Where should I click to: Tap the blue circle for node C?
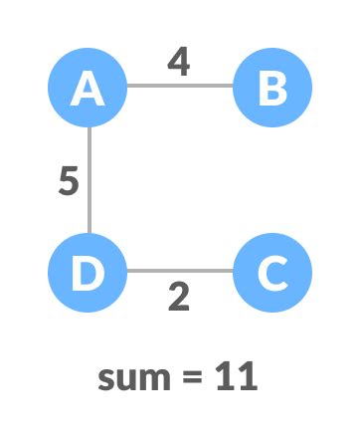[271, 271]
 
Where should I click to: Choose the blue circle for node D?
[89, 271]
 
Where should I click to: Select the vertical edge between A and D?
[89, 180]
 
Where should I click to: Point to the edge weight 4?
[178, 61]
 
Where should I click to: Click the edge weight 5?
[67, 181]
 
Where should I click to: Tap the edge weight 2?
[178, 297]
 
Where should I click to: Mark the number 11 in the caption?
[237, 377]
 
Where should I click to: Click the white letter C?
[271, 271]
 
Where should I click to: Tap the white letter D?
[89, 271]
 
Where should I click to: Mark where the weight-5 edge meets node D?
[89, 233]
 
